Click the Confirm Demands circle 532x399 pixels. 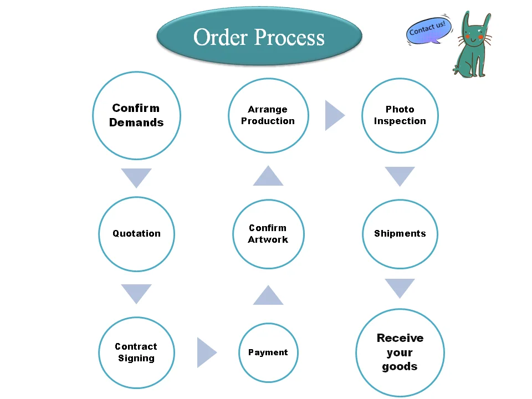136,115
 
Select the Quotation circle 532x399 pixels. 136,234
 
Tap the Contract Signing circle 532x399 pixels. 136,352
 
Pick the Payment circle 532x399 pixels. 268,352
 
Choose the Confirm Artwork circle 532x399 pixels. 268,234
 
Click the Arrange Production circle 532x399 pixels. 268,115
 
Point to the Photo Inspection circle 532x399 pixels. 400,115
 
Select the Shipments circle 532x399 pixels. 400,234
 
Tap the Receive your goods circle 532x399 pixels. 400,352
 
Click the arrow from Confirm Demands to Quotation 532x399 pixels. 136,177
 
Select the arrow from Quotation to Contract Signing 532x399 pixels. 136,293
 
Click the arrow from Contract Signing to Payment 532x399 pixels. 206,352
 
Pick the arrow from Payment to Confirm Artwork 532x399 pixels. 268,296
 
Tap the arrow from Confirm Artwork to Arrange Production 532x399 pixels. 268,176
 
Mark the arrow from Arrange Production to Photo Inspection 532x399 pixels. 334,115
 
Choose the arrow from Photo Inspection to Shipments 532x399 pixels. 400,176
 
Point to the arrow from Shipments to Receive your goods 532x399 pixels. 400,288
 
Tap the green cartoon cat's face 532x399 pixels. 474,37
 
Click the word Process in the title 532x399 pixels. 289,38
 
